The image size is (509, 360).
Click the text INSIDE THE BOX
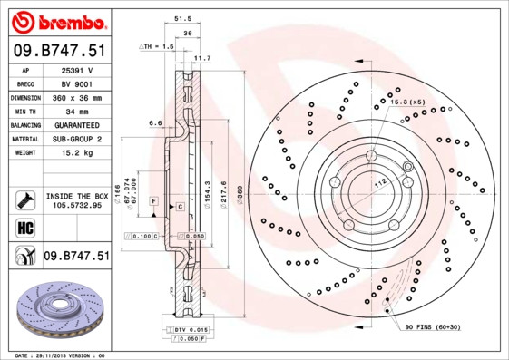pos(77,196)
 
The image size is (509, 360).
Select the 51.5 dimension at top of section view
pos(181,18)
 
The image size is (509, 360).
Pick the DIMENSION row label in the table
pos(24,97)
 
